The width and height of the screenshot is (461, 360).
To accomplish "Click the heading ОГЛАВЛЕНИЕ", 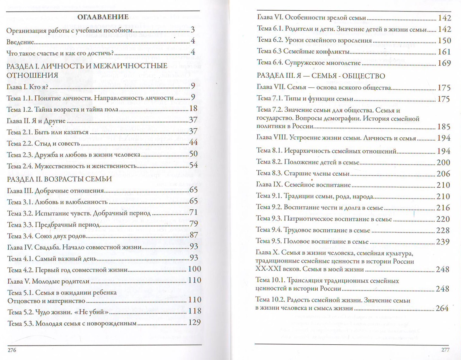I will pyautogui.click(x=103, y=17).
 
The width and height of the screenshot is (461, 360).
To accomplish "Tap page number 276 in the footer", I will pyautogui.click(x=12, y=350).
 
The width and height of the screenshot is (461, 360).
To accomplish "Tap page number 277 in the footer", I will pyautogui.click(x=445, y=350).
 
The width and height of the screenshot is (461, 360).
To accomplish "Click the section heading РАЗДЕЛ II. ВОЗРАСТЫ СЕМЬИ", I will pyautogui.click(x=59, y=179).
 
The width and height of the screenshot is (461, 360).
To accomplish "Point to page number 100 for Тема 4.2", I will pyautogui.click(x=194, y=269).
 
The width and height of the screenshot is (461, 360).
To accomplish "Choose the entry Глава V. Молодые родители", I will pyautogui.click(x=48, y=281).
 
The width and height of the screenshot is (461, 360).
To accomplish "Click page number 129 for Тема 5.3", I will pyautogui.click(x=194, y=322).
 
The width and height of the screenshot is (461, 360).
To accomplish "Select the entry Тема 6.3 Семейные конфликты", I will pyautogui.click(x=303, y=51).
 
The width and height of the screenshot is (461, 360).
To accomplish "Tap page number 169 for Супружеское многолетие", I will pyautogui.click(x=444, y=63).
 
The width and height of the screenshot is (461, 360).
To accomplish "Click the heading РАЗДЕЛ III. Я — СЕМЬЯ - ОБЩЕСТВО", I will pyautogui.click(x=321, y=75).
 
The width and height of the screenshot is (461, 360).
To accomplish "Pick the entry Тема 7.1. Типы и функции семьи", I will pyautogui.click(x=305, y=99).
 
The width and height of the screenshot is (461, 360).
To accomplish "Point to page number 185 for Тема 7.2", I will pyautogui.click(x=443, y=126).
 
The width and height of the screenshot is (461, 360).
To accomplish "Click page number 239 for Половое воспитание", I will pyautogui.click(x=443, y=242).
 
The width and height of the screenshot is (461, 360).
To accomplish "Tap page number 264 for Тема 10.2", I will pyautogui.click(x=442, y=308).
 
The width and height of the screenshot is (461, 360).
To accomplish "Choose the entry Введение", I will pyautogui.click(x=20, y=42).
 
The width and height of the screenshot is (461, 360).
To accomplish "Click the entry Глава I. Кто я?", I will pyautogui.click(x=27, y=87).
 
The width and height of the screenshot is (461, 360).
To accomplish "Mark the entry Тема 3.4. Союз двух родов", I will pyautogui.click(x=46, y=236).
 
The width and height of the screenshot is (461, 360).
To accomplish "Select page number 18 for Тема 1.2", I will pyautogui.click(x=193, y=108).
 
